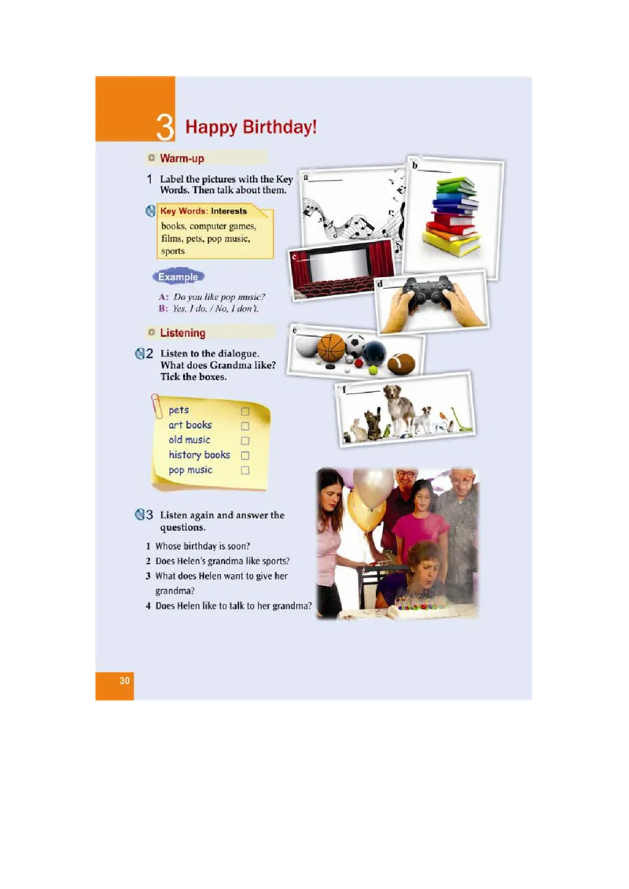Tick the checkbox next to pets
click(245, 411)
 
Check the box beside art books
click(245, 426)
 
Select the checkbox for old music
click(245, 441)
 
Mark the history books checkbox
click(245, 455)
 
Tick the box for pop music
click(245, 470)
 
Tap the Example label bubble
click(178, 276)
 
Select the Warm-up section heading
click(182, 158)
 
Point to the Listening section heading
click(182, 333)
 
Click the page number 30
click(125, 680)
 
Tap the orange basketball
click(331, 348)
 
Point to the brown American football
click(401, 364)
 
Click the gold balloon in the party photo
click(366, 510)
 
